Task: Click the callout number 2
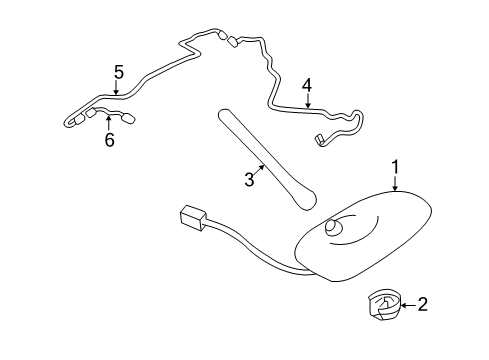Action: pos(423,305)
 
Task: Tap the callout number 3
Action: pos(249,180)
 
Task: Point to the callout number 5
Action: pos(118,71)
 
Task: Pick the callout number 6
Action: pos(110,140)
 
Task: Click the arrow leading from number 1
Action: pos(395,183)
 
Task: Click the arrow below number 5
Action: pos(118,88)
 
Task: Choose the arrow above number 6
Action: pos(109,125)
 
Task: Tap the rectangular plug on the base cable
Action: pos(191,217)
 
